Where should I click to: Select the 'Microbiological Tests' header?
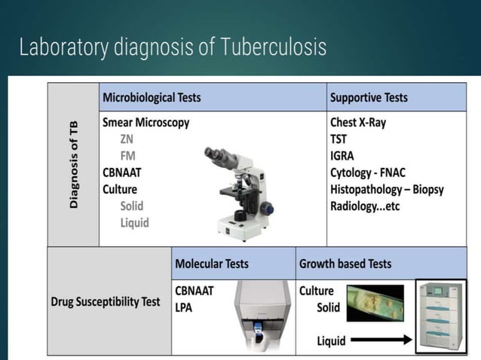[x=152, y=98]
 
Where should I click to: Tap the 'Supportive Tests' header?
[x=369, y=98]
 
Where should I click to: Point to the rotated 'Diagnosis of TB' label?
[x=74, y=164]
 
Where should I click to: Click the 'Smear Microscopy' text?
[x=146, y=122]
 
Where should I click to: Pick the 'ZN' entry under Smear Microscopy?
[x=127, y=139]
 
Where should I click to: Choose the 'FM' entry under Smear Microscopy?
[x=128, y=155]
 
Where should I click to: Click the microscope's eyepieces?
[x=218, y=154]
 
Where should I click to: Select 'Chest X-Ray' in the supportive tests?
[x=357, y=122]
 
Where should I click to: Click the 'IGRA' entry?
[x=343, y=155]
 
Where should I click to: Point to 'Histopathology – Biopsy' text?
[x=387, y=188]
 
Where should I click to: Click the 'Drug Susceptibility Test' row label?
[x=106, y=302]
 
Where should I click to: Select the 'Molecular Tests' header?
[x=212, y=264]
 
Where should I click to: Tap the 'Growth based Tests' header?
[x=345, y=264]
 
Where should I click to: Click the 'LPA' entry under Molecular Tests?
[x=185, y=307]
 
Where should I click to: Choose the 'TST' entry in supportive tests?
[x=339, y=139]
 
